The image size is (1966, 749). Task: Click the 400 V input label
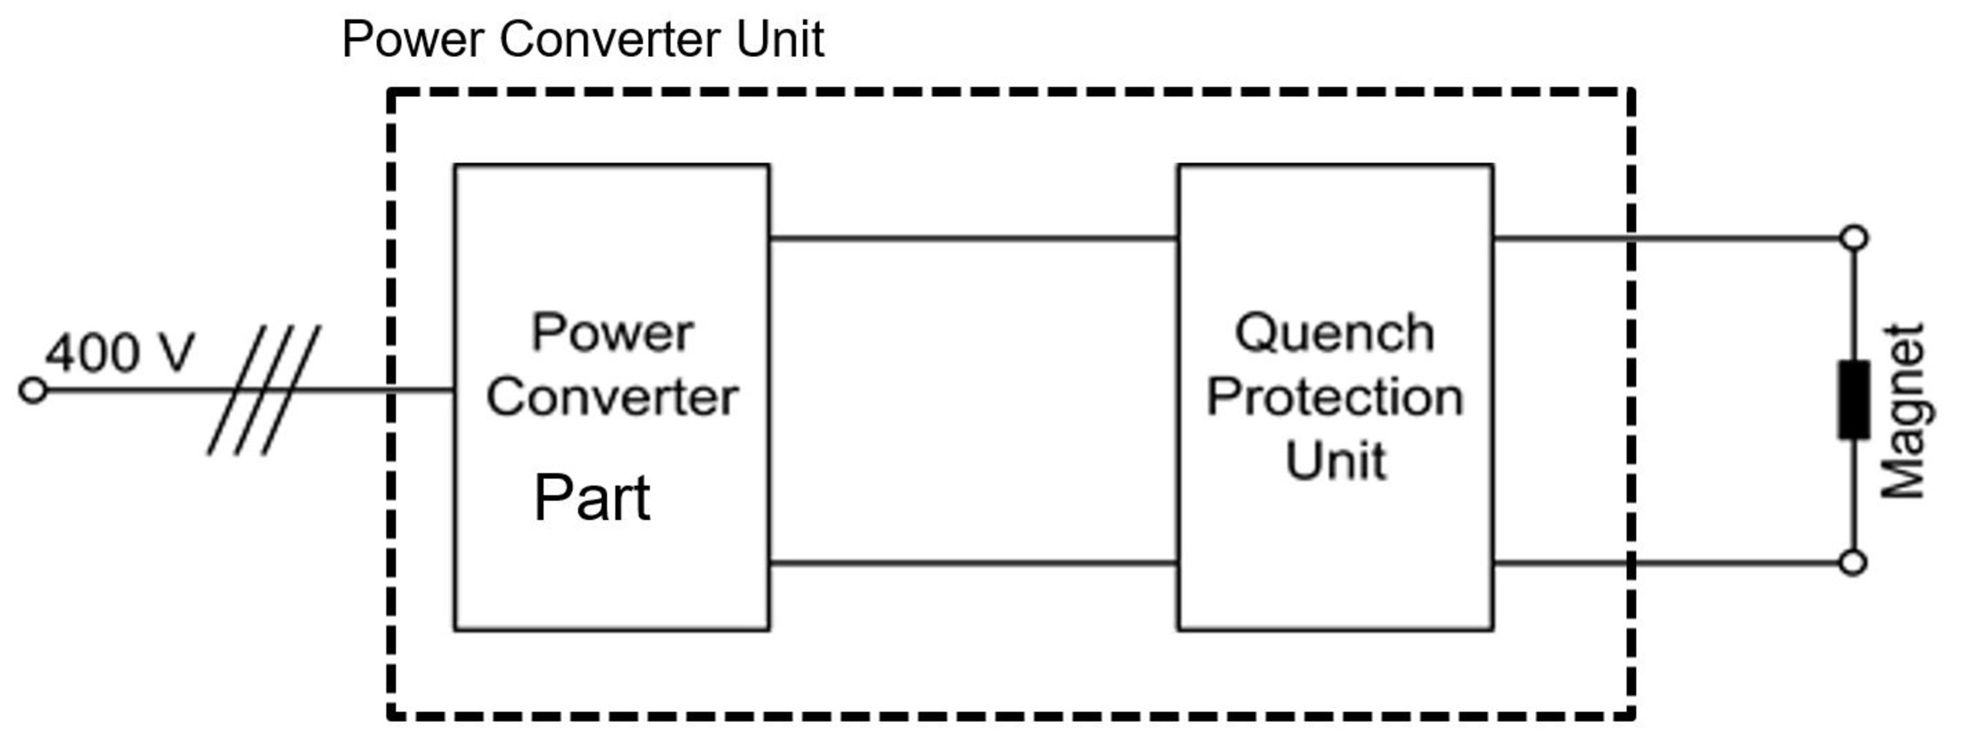pos(120,353)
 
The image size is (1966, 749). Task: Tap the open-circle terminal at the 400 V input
pos(32,391)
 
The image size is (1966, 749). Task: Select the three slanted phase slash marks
pos(263,390)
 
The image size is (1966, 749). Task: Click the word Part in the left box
pos(591,499)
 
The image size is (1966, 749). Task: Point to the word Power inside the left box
pos(612,333)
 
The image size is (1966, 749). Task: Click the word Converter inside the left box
pos(612,398)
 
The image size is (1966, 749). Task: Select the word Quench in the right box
pos(1335,334)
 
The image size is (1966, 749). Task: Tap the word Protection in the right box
pos(1335,398)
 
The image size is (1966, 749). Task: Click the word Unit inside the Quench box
pos(1336,461)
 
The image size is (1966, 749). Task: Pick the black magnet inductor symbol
pos(1853,399)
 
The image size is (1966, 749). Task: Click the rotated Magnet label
pos(1904,412)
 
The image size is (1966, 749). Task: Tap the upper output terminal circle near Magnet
pos(1854,237)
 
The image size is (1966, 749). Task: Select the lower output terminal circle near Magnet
pos(1854,563)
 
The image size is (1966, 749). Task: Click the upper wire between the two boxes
pos(973,238)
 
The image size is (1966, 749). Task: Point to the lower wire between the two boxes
pos(973,563)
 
